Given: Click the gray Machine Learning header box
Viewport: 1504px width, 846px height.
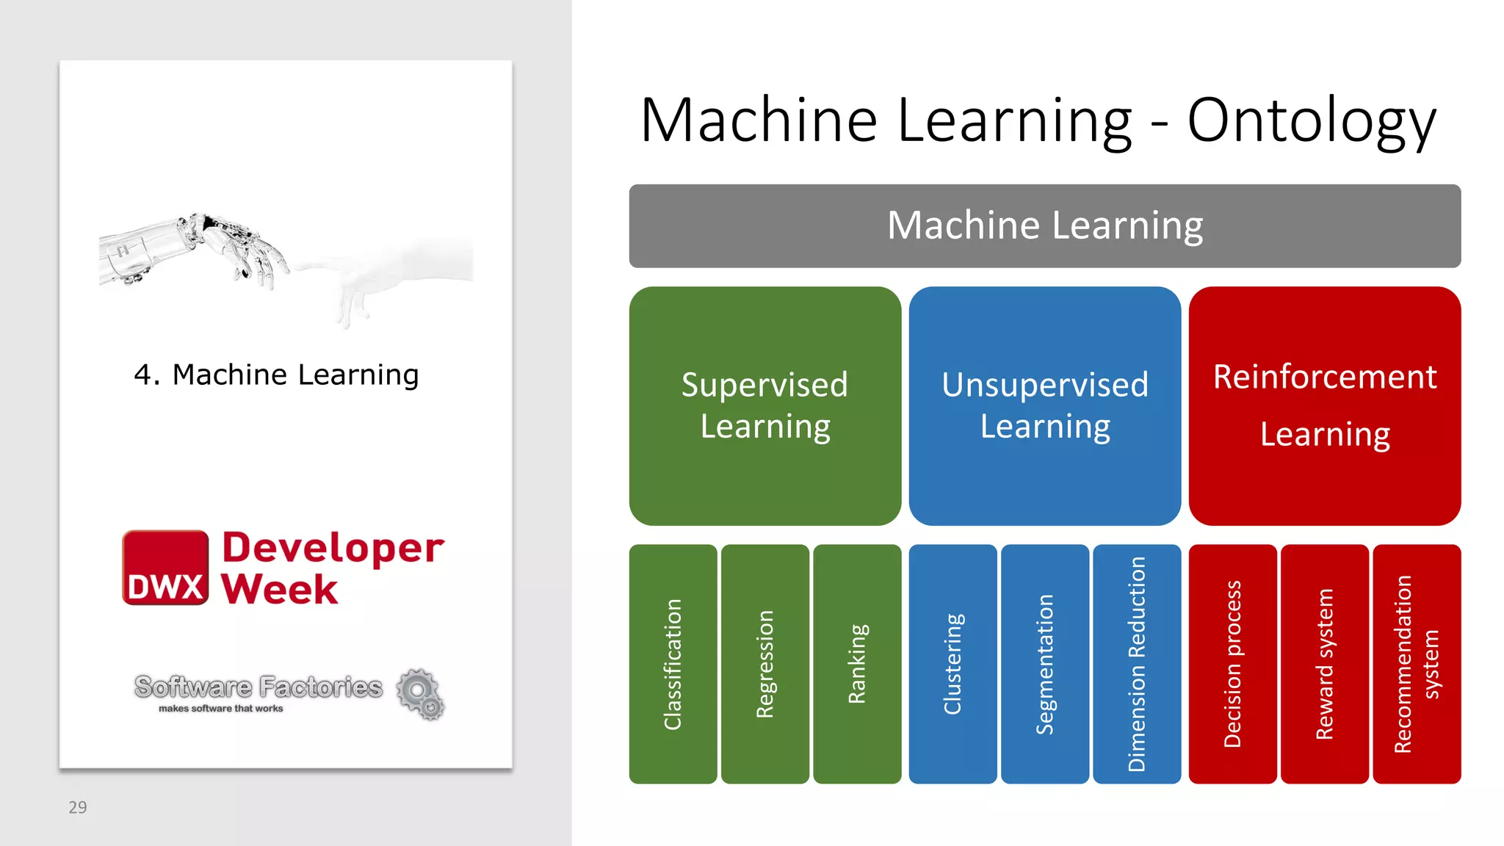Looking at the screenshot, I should tap(1044, 225).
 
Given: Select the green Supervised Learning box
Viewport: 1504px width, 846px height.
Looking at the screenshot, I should tap(764, 405).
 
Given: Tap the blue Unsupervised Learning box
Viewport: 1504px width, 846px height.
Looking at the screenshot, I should tap(1044, 405).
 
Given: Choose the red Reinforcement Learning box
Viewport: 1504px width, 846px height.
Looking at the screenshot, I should tap(1324, 405).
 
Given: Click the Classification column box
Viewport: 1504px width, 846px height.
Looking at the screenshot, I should tap(673, 664).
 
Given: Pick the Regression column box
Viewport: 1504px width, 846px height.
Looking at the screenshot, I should tap(764, 664).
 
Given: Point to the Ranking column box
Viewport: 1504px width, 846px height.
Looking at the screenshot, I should tap(857, 664).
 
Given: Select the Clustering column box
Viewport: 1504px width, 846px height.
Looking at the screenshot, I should tap(952, 664).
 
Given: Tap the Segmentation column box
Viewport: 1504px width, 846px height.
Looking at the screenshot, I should tap(1044, 664).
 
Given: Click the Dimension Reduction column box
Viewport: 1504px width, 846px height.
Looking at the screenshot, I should tap(1136, 664).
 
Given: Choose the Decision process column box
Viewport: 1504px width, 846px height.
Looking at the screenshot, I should tap(1232, 664).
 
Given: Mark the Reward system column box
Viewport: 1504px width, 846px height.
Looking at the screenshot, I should tap(1324, 664).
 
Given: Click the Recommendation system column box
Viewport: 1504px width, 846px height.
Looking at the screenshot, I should tap(1416, 664).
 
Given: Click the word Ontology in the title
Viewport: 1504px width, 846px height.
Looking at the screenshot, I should tap(1311, 121).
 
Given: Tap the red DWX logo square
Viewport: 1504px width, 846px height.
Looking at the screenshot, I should tap(165, 568).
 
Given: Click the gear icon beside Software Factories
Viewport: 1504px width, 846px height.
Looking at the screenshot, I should tap(421, 693).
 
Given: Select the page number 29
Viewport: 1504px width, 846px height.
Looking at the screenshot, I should tap(77, 807).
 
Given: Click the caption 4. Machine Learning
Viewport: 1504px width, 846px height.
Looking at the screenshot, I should tap(276, 375).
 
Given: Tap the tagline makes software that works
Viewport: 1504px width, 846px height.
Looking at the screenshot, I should tap(220, 709).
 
